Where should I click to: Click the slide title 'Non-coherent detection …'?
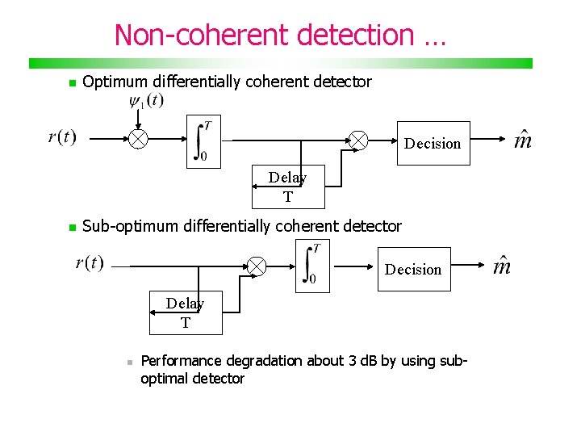tap(279, 36)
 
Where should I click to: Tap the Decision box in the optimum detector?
tap(433, 143)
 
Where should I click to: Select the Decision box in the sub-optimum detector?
tap(413, 269)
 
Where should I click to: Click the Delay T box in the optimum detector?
tap(287, 187)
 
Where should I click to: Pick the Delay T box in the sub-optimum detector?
tap(185, 312)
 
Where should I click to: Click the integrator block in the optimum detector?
tap(203, 143)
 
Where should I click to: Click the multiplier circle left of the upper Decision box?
tap(357, 141)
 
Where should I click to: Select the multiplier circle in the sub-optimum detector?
tap(257, 266)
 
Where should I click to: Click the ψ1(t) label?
tap(146, 101)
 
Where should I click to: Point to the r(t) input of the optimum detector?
tap(62, 136)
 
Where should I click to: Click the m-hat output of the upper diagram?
tap(523, 140)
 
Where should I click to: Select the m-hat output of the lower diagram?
tap(502, 266)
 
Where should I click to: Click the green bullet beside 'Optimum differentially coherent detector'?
tap(72, 83)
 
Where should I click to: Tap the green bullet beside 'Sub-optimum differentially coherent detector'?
tap(72, 228)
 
